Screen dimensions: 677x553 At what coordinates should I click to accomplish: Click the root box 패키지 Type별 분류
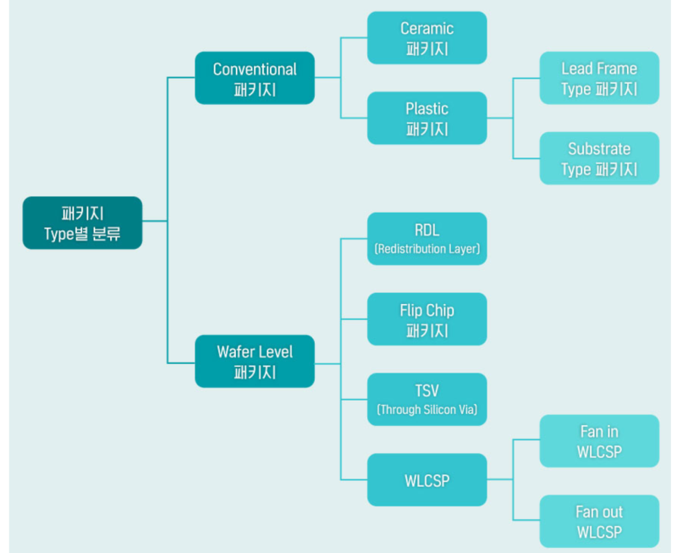[x=82, y=223]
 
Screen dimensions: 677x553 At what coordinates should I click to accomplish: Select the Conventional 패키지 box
[x=255, y=78]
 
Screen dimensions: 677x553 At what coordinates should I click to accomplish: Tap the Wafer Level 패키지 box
[x=255, y=361]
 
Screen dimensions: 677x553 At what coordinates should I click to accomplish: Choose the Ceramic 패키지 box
[x=427, y=38]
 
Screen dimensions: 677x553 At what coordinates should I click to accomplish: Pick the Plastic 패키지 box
[x=427, y=118]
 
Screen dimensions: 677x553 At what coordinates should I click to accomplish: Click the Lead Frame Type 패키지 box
[x=599, y=78]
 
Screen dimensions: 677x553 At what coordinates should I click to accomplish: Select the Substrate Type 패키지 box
[x=599, y=158]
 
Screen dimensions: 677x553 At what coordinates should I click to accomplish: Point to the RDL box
[x=427, y=239]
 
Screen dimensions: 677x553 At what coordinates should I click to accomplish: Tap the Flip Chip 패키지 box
[x=427, y=319]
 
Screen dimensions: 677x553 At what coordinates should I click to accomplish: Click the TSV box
[x=427, y=400]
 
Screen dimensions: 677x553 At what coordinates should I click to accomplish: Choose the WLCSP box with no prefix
[x=427, y=480]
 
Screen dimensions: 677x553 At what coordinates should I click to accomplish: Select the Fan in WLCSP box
[x=599, y=441]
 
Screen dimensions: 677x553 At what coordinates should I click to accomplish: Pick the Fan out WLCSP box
[x=599, y=522]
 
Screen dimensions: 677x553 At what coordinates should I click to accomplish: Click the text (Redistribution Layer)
[x=427, y=249]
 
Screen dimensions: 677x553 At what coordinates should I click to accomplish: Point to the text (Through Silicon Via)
[x=427, y=410]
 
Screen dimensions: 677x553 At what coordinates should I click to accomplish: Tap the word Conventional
[x=255, y=69]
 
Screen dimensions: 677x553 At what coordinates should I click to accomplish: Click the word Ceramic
[x=427, y=29]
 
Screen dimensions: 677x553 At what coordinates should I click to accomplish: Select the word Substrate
[x=599, y=149]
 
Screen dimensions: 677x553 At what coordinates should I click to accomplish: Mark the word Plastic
[x=427, y=108]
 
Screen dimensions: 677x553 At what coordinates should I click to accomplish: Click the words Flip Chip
[x=427, y=311]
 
